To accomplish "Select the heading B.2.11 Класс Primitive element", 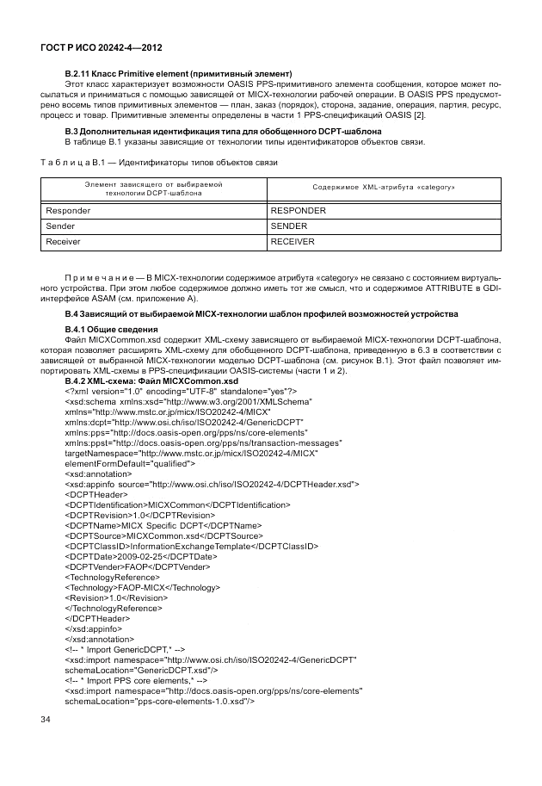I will tap(179, 72).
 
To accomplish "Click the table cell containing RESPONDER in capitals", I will tap(299, 210).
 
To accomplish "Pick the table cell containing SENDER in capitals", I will tap(289, 226).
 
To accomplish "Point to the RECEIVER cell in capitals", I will tap(293, 242).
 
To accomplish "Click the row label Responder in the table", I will tap(67, 210).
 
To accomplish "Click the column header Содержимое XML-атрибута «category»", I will tap(383, 187).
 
